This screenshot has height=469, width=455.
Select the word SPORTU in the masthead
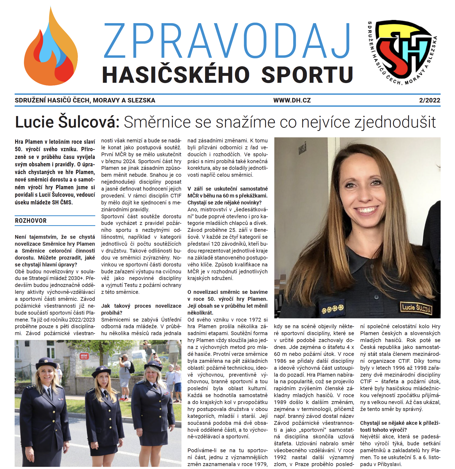(307, 75)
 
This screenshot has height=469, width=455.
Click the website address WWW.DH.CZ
(292, 100)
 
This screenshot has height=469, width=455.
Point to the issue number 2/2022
(429, 100)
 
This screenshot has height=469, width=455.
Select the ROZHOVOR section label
(31, 221)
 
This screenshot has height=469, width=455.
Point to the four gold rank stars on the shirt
(333, 309)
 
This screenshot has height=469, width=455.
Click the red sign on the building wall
(84, 356)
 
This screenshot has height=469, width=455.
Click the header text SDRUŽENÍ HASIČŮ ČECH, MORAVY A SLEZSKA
(85, 100)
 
